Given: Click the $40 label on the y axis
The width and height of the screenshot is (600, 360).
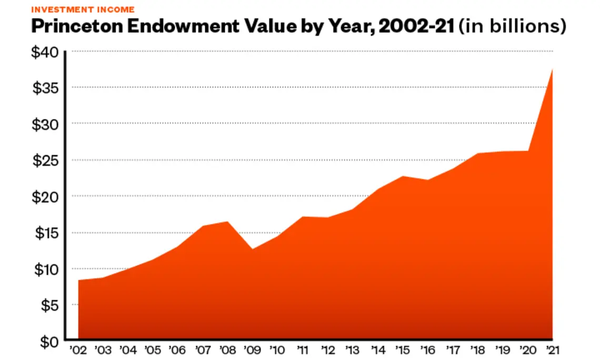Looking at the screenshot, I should point(46,52).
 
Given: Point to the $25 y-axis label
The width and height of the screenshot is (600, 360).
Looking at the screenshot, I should point(46,161).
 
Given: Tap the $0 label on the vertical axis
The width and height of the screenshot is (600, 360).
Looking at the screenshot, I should point(50,342).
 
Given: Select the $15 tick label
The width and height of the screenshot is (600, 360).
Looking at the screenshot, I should point(46,233).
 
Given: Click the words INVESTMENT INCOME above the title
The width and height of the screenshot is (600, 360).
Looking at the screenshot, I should point(83,9).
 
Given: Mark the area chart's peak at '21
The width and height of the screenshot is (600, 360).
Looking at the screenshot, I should point(552,69).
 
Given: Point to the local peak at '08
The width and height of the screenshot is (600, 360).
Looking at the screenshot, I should point(227,222).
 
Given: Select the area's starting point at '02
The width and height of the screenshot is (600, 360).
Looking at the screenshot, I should point(78,280).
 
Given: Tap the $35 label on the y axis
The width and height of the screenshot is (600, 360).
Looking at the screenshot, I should point(46,88).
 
